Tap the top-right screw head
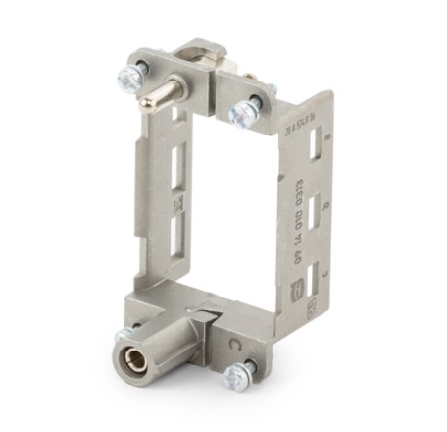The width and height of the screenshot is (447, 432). pos(243,111)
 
